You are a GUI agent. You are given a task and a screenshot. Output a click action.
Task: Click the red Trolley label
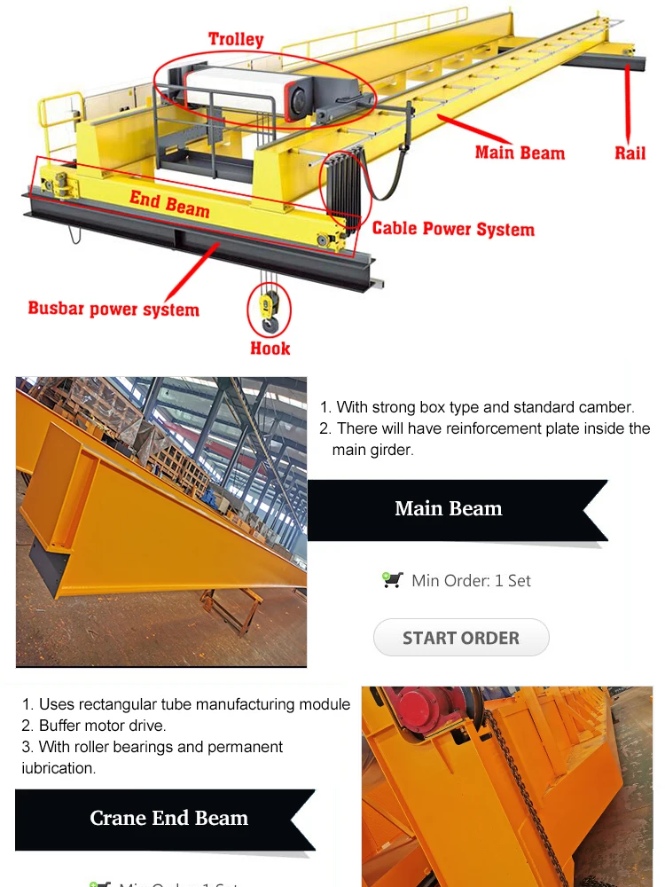coord(236,39)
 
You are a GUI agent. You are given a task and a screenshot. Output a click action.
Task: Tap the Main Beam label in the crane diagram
coord(520,153)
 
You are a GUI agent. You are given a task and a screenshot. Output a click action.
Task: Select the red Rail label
coord(630,153)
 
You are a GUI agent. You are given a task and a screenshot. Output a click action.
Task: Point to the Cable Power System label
coord(453,229)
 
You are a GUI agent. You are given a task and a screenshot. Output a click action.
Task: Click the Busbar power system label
coord(113,309)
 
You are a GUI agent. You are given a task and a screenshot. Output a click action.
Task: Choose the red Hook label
coord(270,348)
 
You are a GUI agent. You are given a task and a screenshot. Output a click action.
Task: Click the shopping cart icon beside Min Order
coord(393,580)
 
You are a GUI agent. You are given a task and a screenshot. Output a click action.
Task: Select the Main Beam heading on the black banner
coord(449,509)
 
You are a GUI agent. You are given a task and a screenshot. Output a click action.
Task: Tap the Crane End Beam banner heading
coord(168,818)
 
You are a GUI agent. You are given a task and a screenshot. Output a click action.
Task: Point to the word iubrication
coord(59,768)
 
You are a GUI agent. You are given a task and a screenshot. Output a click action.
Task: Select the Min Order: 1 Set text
coord(471,581)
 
